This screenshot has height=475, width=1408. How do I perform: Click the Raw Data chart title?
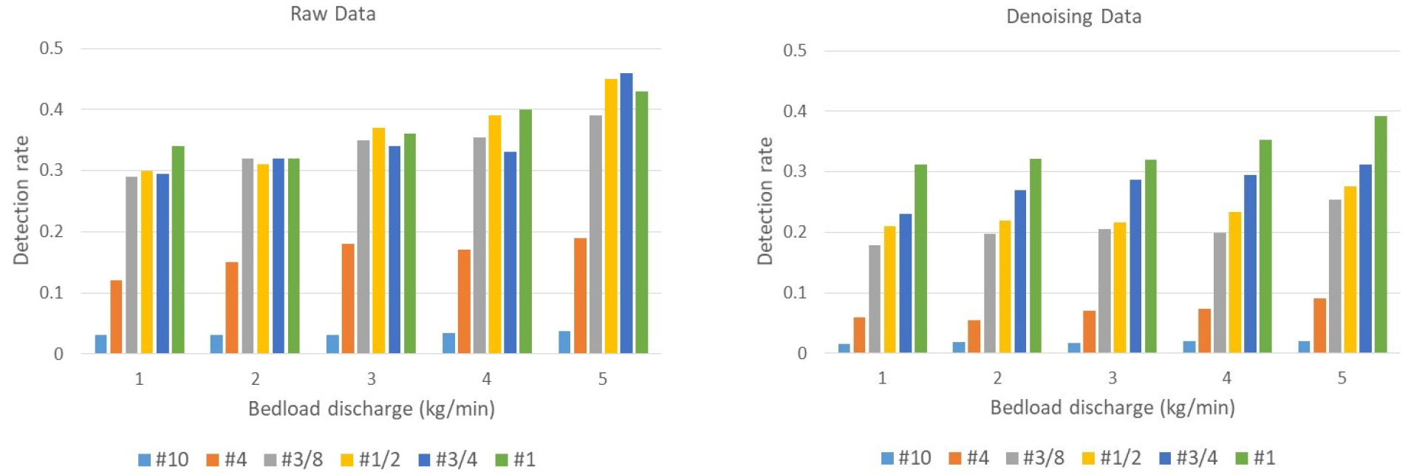coord(332,14)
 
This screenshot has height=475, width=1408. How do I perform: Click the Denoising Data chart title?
coord(1073,17)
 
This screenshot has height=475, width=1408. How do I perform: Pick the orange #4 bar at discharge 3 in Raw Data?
coord(348,298)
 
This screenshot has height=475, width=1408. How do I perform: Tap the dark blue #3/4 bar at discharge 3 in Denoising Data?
coord(1135,266)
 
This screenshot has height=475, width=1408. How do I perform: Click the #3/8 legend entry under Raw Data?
coord(294,459)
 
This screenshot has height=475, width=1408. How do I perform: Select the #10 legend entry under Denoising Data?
coord(906,458)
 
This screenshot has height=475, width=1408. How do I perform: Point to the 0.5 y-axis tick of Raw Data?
coord(52,49)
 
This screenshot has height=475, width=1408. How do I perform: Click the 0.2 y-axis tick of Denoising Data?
coord(795,232)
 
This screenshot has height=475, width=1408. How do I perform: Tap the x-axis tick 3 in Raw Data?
coord(372,379)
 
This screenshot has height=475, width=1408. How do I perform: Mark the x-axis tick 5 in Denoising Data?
coord(1342,378)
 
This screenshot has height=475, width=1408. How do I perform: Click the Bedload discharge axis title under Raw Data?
coord(371,409)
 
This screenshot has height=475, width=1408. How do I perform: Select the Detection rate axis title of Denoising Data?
coord(765,201)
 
